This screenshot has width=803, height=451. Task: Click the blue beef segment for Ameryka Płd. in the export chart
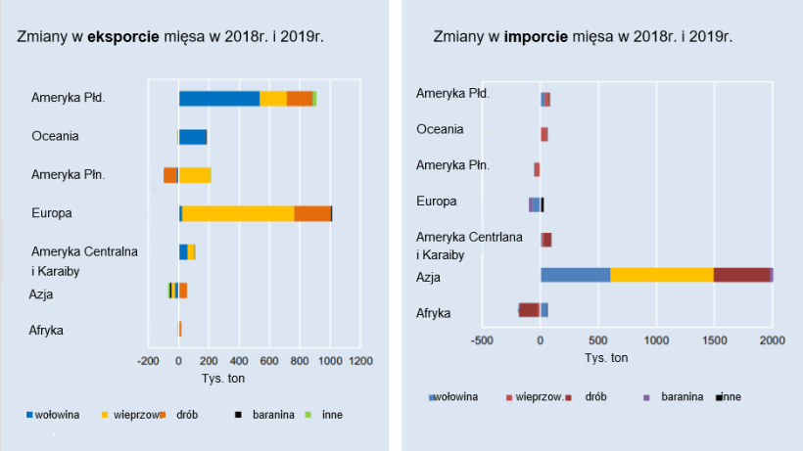[x=218, y=98]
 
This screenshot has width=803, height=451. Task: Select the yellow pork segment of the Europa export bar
[x=238, y=213]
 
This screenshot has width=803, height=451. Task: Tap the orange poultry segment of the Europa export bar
[x=312, y=213]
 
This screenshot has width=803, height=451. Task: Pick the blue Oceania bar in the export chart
[x=192, y=137]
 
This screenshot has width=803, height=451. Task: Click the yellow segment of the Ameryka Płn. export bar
[x=194, y=175]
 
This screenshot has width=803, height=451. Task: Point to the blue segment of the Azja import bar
[x=575, y=275]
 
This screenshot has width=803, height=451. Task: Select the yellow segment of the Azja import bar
[x=661, y=275]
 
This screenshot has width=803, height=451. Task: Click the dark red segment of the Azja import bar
[x=741, y=275]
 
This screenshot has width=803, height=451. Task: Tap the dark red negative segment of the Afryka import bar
[x=529, y=310]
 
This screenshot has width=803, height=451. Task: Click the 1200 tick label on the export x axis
[x=360, y=361]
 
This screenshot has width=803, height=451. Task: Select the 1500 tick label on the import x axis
[x=714, y=339]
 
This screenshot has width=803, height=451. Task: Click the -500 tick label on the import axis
[x=481, y=339]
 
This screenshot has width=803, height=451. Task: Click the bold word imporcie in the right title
[x=537, y=37]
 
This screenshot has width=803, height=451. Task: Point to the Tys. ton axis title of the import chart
[x=606, y=357]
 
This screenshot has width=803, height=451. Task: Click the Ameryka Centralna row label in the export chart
[x=84, y=251]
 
